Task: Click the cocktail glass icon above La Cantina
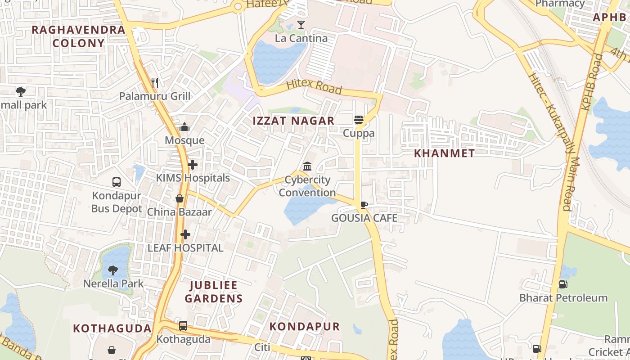[x=301, y=25]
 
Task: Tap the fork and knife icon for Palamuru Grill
[x=155, y=82]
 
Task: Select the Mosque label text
[x=184, y=140]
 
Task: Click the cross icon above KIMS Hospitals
[x=193, y=165]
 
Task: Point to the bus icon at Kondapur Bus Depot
[x=117, y=182]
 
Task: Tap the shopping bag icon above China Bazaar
[x=180, y=198]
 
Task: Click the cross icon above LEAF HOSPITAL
[x=185, y=234]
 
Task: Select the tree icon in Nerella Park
[x=113, y=270]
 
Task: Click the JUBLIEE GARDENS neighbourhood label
[x=214, y=292]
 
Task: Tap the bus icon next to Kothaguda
[x=183, y=326]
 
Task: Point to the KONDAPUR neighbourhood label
[x=305, y=327]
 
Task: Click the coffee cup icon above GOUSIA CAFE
[x=364, y=205]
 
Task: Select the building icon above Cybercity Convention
[x=307, y=166]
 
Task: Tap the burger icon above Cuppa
[x=359, y=120]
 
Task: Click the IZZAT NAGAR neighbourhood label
[x=293, y=121]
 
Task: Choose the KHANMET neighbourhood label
[x=444, y=153]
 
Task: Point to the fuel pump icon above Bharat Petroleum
[x=563, y=284]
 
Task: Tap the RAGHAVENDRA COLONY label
[x=78, y=36]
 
